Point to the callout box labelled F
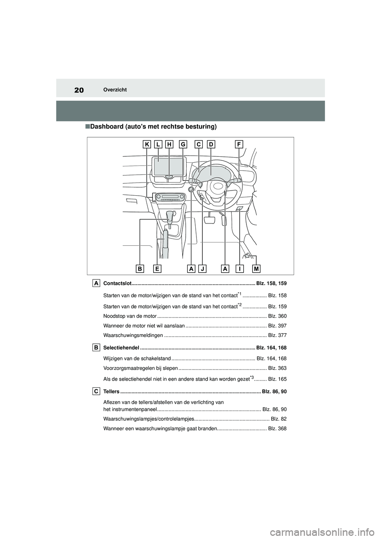click(239, 145)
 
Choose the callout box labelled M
click(256, 269)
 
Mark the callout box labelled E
click(158, 269)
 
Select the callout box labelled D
click(210, 145)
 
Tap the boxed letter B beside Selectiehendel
click(96, 347)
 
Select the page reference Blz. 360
click(277, 316)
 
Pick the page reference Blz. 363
click(277, 368)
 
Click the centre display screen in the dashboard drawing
click(170, 166)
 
